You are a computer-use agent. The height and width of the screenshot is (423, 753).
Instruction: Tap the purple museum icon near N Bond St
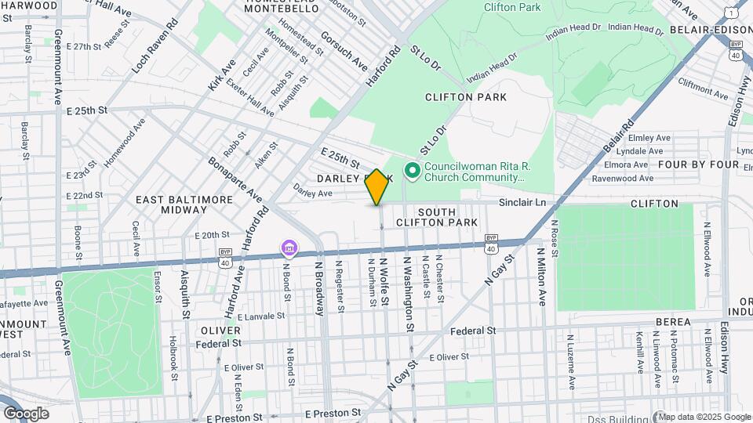click(x=289, y=249)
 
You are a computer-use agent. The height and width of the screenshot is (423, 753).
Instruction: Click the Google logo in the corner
click(x=26, y=414)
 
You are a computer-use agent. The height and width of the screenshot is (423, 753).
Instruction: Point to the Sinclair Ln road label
click(x=522, y=203)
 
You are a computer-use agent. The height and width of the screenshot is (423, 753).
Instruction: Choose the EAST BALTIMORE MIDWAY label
click(x=184, y=205)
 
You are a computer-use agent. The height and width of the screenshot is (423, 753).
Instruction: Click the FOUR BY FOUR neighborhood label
click(x=698, y=164)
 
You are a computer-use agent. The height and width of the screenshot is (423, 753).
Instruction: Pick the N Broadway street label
click(x=320, y=287)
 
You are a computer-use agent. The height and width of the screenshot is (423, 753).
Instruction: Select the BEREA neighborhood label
click(x=673, y=322)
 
